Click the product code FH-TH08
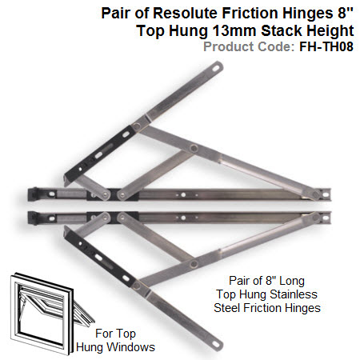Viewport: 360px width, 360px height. pos(326,46)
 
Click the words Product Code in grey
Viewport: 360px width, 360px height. pos(249,46)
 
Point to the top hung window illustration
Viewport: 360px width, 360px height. pos(51,313)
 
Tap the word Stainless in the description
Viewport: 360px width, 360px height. pos(294,294)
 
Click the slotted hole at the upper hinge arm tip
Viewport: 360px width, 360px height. pos(215,69)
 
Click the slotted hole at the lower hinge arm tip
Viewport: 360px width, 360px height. pos(215,345)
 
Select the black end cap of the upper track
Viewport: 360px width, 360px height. pos(33,194)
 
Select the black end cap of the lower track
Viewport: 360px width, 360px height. pos(33,218)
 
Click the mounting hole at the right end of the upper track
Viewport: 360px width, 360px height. pos(326,194)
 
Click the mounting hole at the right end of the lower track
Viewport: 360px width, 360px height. pos(326,218)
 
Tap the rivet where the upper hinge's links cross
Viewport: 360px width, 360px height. pos(194,148)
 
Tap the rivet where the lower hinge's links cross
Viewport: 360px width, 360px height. pos(194,264)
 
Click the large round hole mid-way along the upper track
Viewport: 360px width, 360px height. pos(183,195)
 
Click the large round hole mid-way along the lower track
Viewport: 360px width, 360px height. pos(183,218)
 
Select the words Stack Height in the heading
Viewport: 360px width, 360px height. pos(307,30)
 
